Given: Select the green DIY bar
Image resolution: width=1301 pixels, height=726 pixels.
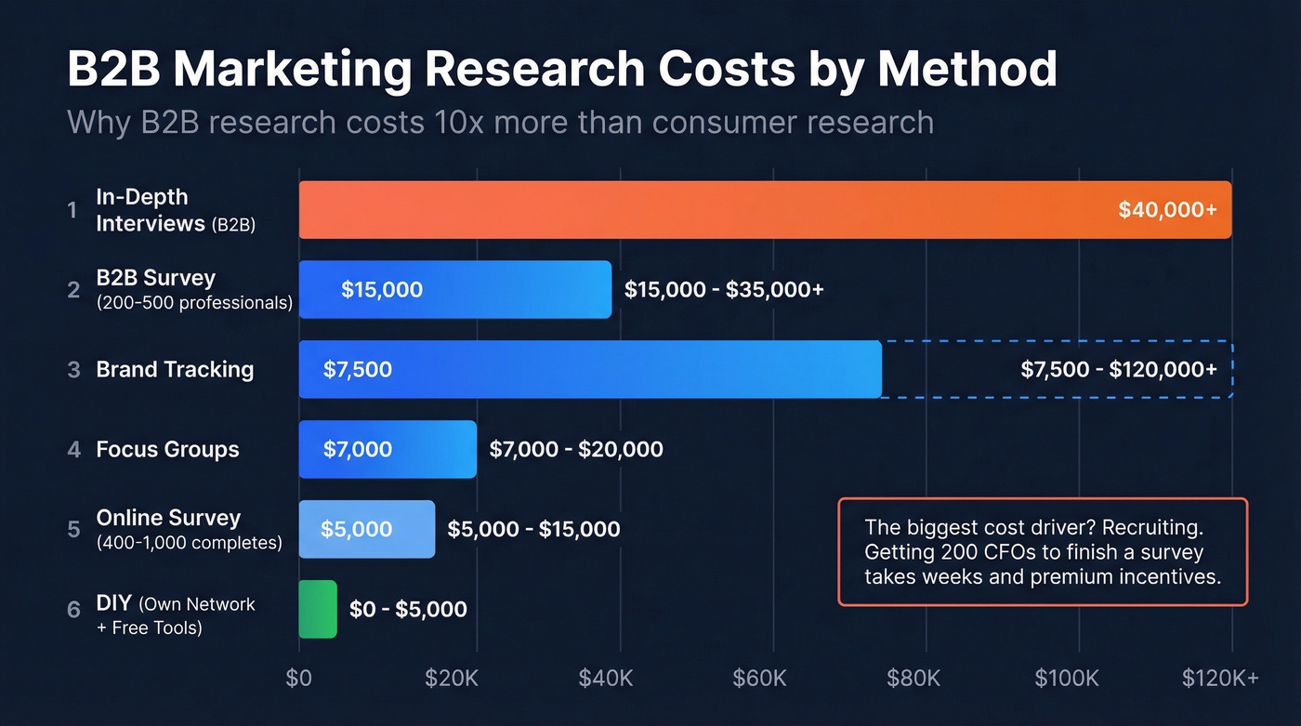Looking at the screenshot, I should (318, 609).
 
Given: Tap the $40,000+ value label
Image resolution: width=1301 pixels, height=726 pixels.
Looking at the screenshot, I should (1167, 210).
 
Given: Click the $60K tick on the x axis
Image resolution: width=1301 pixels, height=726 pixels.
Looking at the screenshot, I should (759, 679).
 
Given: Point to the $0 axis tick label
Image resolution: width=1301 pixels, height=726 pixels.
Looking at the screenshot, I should (299, 679).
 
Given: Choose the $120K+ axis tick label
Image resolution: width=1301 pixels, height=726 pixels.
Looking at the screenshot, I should (1219, 679).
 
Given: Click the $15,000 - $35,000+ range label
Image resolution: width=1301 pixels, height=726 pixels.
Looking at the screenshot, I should (724, 290).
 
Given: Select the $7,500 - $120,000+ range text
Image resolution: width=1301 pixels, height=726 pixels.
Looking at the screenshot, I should (1119, 370).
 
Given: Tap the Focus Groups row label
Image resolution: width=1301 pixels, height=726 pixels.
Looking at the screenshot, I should (167, 450).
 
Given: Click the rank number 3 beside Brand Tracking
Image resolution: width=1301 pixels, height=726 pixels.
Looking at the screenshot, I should (73, 370).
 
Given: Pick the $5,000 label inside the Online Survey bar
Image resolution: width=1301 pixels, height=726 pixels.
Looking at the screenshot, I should (356, 530).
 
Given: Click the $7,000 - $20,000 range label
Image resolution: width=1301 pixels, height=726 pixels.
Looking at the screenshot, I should (576, 450).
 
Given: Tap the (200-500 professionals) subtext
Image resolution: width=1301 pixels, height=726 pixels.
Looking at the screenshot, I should (194, 303).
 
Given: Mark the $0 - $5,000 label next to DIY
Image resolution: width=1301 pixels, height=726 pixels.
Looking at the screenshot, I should (408, 610).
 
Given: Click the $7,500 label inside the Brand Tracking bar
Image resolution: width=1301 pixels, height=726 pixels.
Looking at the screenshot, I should (358, 370).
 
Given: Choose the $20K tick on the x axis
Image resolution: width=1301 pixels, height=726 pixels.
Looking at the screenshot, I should (452, 679).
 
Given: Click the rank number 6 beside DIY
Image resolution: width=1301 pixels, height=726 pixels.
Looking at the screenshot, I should (73, 610).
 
